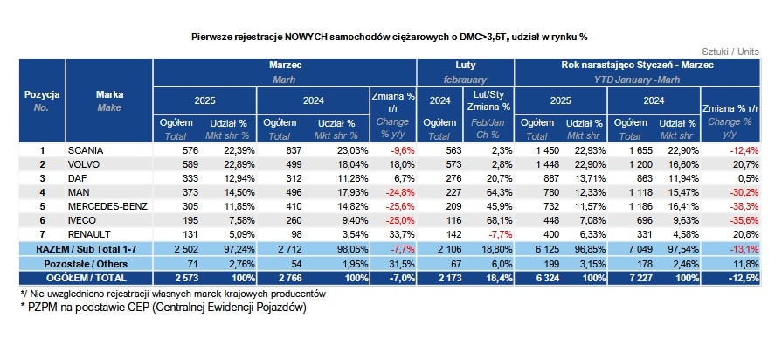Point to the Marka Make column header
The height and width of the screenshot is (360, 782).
tap(109, 99)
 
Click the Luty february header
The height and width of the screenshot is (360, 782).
tap(465, 71)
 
